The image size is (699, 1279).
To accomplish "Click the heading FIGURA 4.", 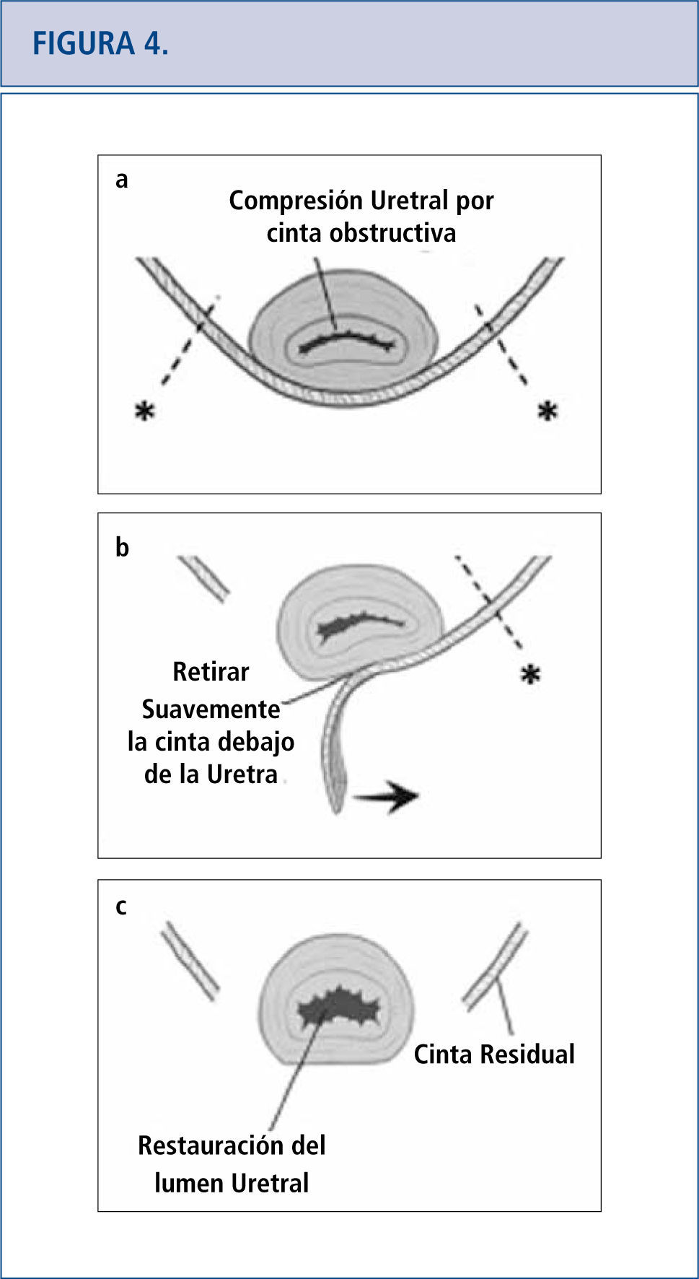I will (100, 44).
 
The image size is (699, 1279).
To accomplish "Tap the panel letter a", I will (121, 180).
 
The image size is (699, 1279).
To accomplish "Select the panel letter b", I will (122, 548).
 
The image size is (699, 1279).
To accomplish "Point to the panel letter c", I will (120, 907).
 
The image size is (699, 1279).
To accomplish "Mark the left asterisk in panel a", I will (145, 411).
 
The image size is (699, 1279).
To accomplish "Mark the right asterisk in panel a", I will (548, 411).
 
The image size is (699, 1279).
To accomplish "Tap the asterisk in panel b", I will (530, 676).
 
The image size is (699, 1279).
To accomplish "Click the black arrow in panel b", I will (386, 796).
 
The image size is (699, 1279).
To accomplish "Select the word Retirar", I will (211, 672).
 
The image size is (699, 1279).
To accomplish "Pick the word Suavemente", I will (211, 710).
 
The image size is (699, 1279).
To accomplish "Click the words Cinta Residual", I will (494, 1055).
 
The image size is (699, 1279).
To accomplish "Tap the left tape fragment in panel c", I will (190, 961).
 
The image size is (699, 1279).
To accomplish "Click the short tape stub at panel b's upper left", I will (204, 577).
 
